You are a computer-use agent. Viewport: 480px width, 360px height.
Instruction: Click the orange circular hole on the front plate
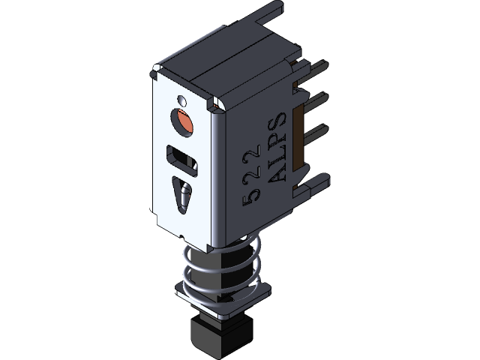click(x=182, y=121)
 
